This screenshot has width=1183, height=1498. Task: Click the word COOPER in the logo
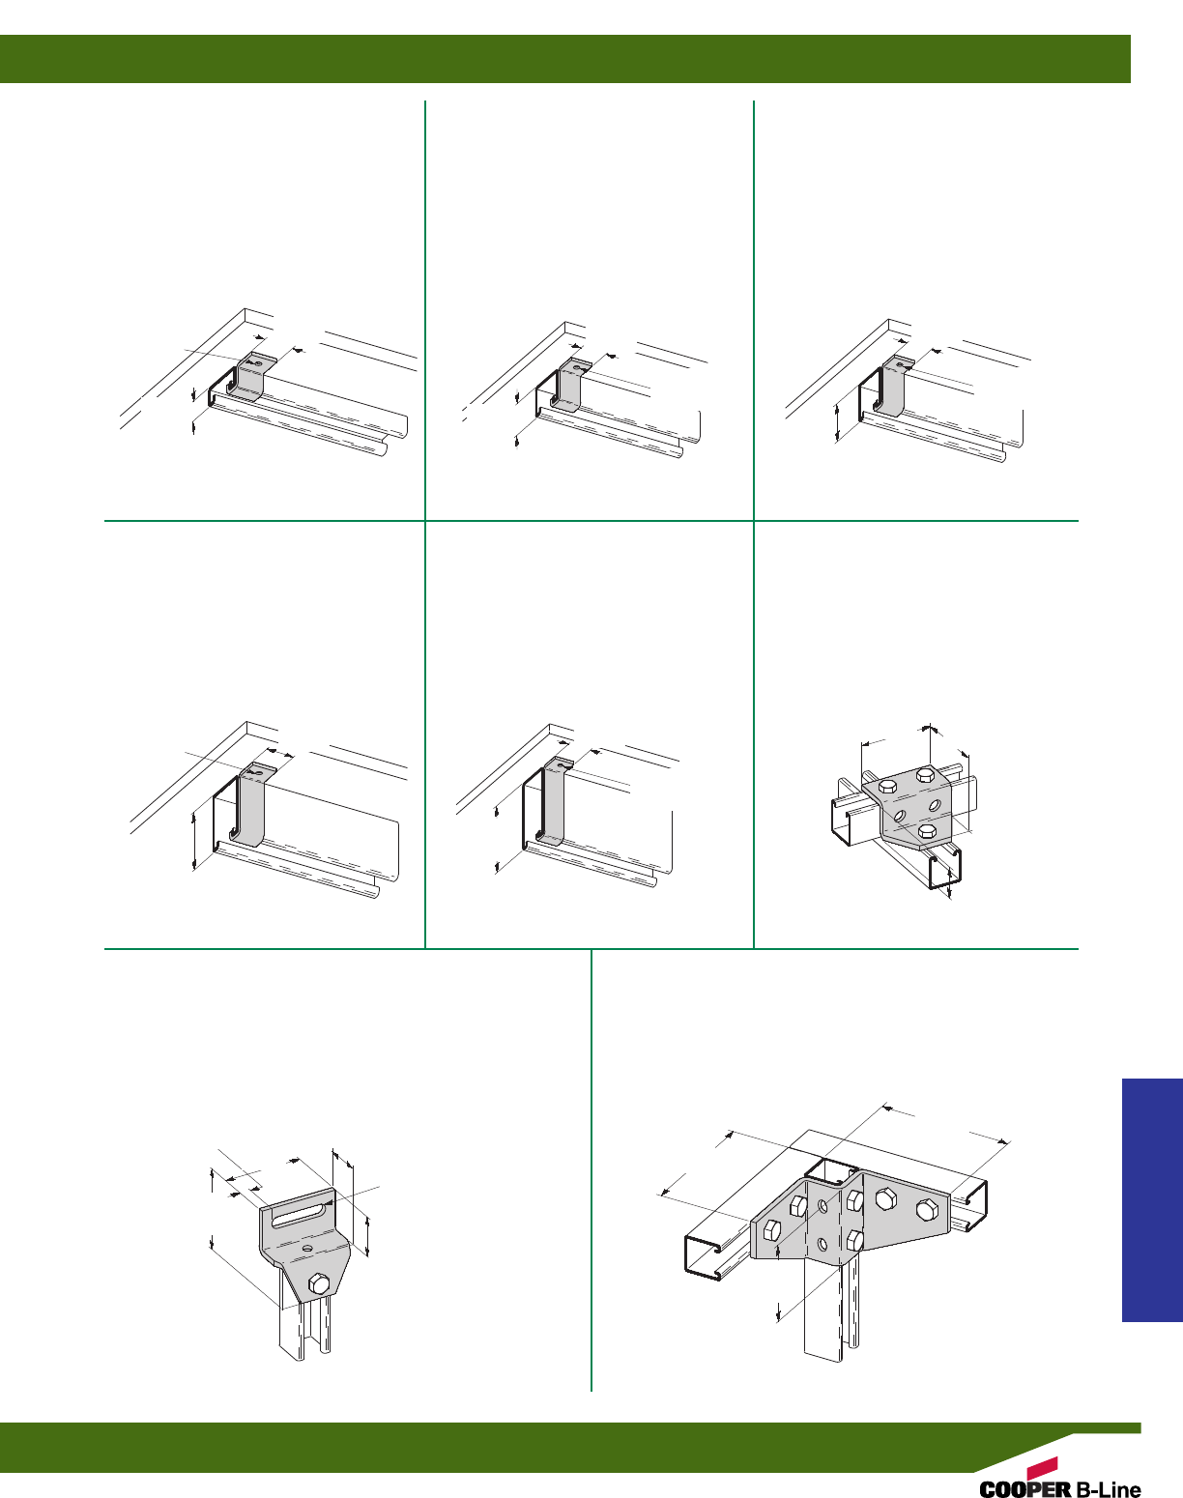[1024, 1488]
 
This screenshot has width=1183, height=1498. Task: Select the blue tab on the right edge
[1152, 1200]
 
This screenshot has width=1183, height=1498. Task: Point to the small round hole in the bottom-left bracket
[305, 1249]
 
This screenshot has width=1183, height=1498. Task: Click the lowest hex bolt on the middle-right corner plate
[926, 830]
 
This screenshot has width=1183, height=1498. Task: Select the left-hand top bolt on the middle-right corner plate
[888, 788]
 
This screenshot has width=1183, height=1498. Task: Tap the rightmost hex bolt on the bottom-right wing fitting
[928, 1209]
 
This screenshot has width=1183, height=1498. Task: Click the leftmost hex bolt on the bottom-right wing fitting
[771, 1230]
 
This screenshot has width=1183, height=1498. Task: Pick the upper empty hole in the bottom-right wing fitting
[822, 1204]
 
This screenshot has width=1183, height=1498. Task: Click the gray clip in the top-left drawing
[250, 376]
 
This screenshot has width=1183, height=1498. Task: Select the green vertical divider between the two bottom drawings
[591, 1170]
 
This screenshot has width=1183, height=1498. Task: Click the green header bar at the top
[564, 59]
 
